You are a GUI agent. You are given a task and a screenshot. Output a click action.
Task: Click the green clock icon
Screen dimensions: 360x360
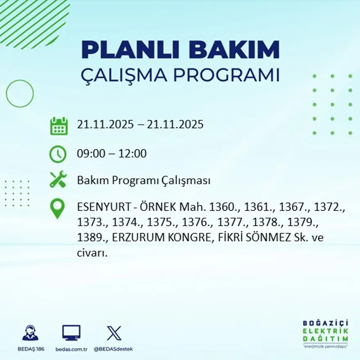(x=58, y=154)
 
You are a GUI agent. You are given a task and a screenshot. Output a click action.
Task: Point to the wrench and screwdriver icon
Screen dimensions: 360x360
(x=58, y=180)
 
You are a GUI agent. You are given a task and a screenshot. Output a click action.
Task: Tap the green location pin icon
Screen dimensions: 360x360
(x=57, y=208)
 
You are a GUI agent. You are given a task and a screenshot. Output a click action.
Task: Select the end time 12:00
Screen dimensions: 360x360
(x=133, y=154)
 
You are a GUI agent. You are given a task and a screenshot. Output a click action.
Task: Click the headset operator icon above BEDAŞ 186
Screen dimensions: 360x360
(x=30, y=333)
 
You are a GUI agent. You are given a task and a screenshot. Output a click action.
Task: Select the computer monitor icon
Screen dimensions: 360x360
(x=71, y=333)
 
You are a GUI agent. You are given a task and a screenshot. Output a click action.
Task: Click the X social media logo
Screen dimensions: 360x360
(x=114, y=333)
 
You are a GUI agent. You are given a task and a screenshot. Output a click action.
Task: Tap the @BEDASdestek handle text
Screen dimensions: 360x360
(x=113, y=349)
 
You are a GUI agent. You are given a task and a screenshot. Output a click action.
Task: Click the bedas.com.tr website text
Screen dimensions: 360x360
(x=71, y=349)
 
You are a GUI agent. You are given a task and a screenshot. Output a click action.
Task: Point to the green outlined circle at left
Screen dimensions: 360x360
(x=20, y=94)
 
